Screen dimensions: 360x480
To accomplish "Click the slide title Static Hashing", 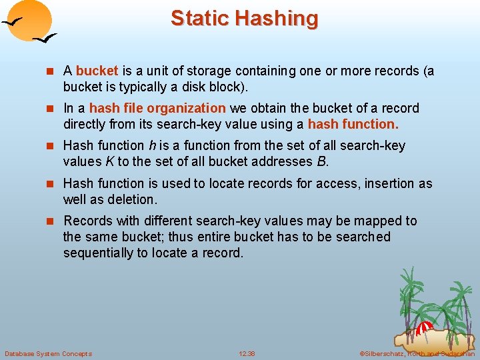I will point(244,18).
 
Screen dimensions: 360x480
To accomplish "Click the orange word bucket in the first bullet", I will point(97,71).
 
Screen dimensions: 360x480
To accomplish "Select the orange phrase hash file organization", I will point(157,108).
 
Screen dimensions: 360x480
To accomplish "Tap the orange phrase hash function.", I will point(353,124).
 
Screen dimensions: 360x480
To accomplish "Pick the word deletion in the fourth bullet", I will point(133,199).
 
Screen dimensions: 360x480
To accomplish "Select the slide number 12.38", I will point(247,353).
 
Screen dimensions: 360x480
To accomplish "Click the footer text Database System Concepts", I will point(48,353).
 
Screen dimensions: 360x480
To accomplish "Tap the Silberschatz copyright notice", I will point(417,353).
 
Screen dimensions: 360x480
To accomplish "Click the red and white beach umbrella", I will point(423,327).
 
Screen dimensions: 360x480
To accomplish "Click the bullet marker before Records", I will point(53,221).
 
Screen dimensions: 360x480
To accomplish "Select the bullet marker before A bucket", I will point(53,71).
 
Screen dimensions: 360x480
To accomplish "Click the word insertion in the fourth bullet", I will point(391,183).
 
